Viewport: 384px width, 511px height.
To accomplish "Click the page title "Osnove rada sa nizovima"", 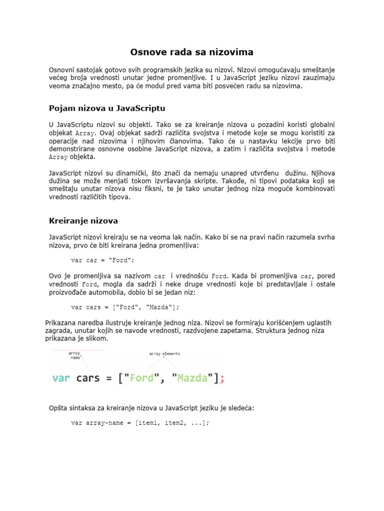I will pos(192,52).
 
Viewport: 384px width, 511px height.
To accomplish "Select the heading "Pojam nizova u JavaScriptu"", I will pos(107,108).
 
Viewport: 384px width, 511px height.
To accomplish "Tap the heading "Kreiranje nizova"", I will pos(83,221).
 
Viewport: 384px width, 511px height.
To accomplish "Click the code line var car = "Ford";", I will pos(103,260).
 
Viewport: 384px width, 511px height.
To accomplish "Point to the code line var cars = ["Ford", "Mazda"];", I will pos(125,307).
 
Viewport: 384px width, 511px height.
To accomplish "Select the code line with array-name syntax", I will pos(140,423).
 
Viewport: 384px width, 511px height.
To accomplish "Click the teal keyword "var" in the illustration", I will pos(62,378).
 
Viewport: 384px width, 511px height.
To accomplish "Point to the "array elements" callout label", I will pos(164,354).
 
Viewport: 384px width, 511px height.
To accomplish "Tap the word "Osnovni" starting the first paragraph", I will pos(63,69).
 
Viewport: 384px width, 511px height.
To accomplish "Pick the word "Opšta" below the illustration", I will pos(58,408).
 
